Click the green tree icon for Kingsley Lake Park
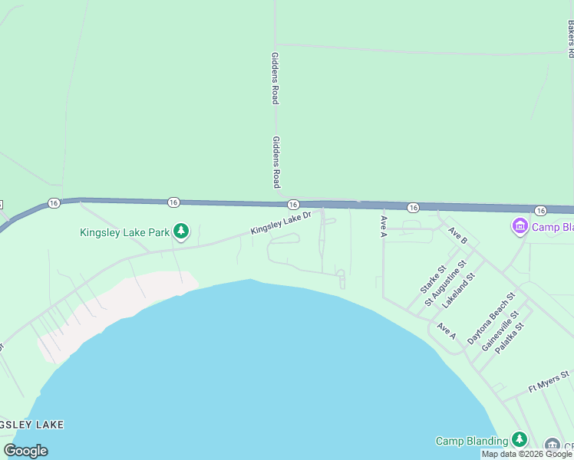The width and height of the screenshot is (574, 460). [x=181, y=232]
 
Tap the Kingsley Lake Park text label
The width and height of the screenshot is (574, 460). [x=124, y=232]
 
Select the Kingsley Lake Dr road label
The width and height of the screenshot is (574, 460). [x=281, y=223]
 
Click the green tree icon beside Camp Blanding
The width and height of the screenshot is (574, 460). [x=520, y=439]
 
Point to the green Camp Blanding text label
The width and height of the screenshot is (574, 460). [x=472, y=441]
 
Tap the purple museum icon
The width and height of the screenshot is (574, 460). [x=520, y=227]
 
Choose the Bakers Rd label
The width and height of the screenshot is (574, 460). [x=571, y=38]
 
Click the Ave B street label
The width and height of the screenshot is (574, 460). [x=458, y=236]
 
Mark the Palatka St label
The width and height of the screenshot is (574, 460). [x=510, y=337]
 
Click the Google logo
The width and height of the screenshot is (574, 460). [x=26, y=451]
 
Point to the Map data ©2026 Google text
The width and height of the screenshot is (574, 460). [x=527, y=454]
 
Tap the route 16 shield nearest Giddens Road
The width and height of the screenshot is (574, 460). [x=293, y=205]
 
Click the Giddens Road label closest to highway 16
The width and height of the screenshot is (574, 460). [x=275, y=163]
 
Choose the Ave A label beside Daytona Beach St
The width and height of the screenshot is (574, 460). [x=447, y=331]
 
